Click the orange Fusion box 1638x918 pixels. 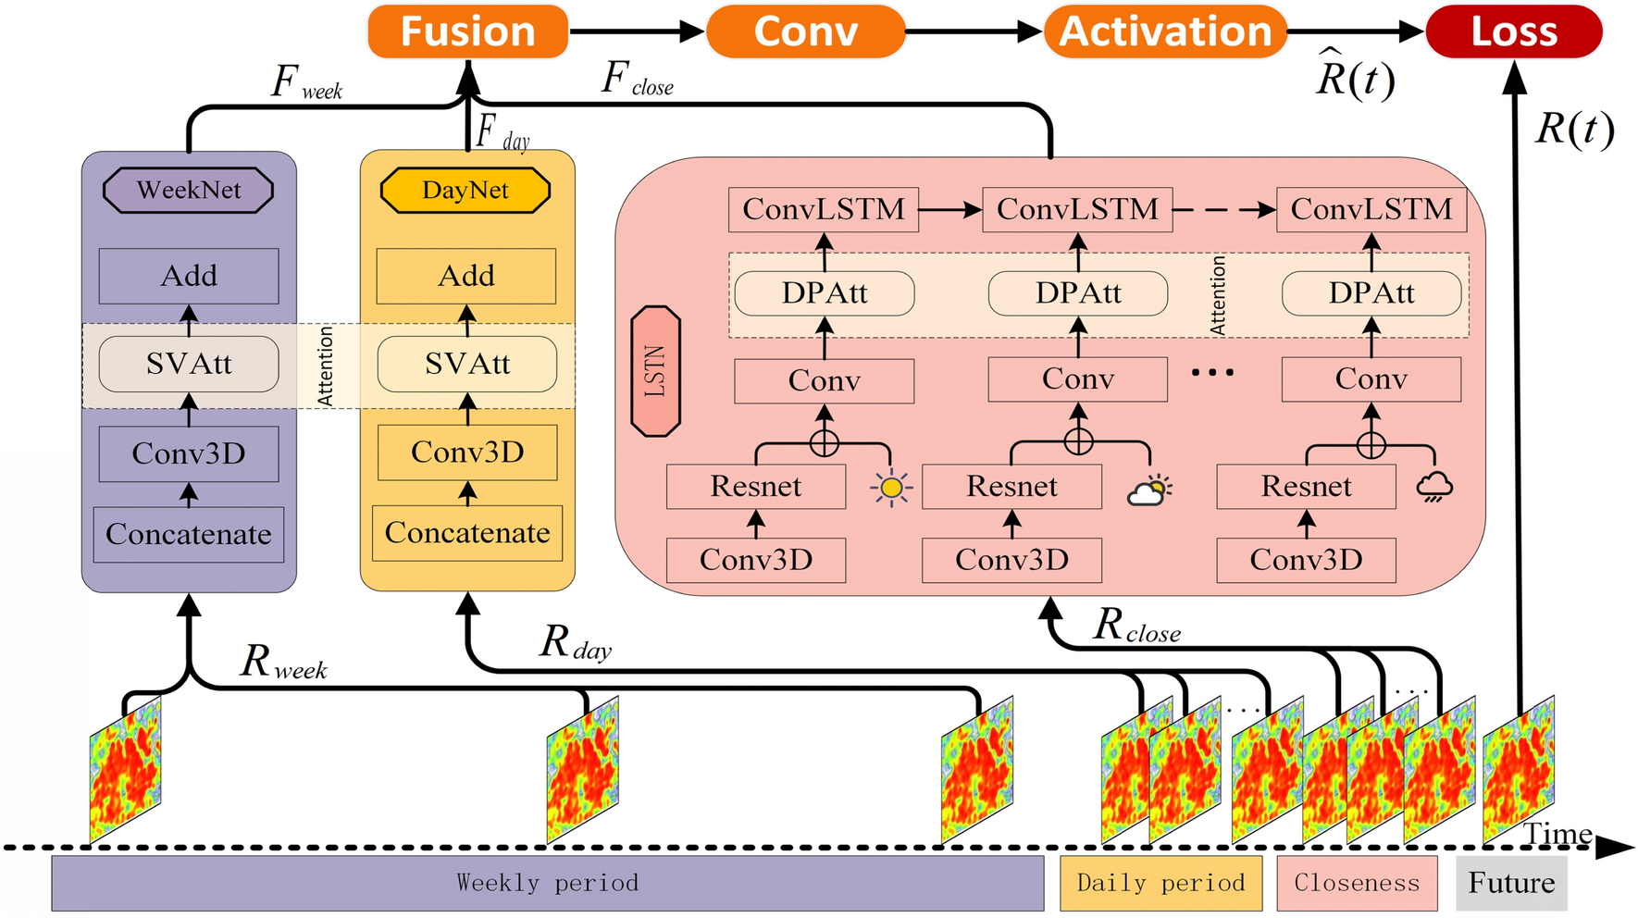tap(467, 31)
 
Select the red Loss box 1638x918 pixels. tap(1513, 31)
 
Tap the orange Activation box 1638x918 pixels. tap(1165, 31)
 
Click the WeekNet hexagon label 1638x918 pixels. tap(189, 191)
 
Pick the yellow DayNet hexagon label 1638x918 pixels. tap(465, 191)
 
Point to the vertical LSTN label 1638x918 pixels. tap(655, 371)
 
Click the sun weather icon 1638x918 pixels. tap(891, 488)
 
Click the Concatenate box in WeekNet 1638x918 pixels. tap(189, 534)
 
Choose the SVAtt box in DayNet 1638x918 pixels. tap(467, 364)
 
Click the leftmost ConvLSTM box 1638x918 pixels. tap(824, 210)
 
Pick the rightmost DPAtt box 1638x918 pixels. tap(1371, 293)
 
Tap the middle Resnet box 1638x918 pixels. tap(1011, 487)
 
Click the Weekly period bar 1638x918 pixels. tap(547, 883)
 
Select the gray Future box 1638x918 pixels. tap(1511, 883)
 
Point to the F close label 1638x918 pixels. tap(637, 80)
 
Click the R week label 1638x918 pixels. tap(283, 663)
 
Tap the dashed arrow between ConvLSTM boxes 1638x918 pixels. tap(1223, 210)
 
